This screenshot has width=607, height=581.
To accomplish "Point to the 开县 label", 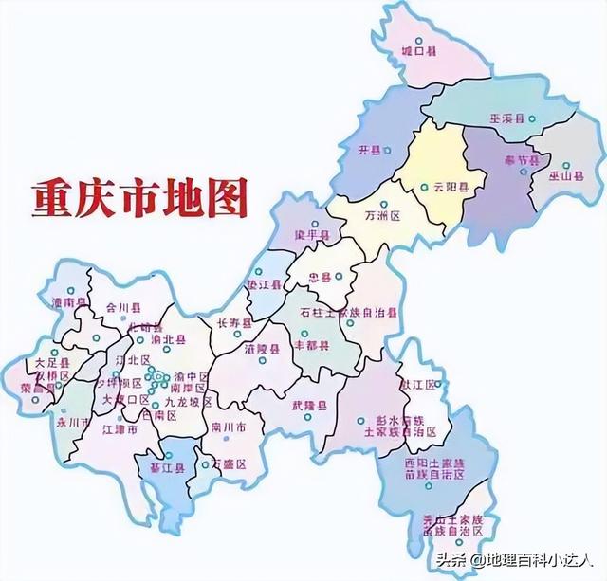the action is tap(369, 151).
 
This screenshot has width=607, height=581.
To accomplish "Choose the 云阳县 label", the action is tap(451, 188).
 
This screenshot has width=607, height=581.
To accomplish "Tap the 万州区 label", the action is tap(384, 217).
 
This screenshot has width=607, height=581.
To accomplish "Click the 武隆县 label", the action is tap(310, 405).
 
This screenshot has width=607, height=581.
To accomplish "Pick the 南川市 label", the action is tap(230, 426).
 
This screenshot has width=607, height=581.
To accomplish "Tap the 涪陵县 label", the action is tap(262, 349).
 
